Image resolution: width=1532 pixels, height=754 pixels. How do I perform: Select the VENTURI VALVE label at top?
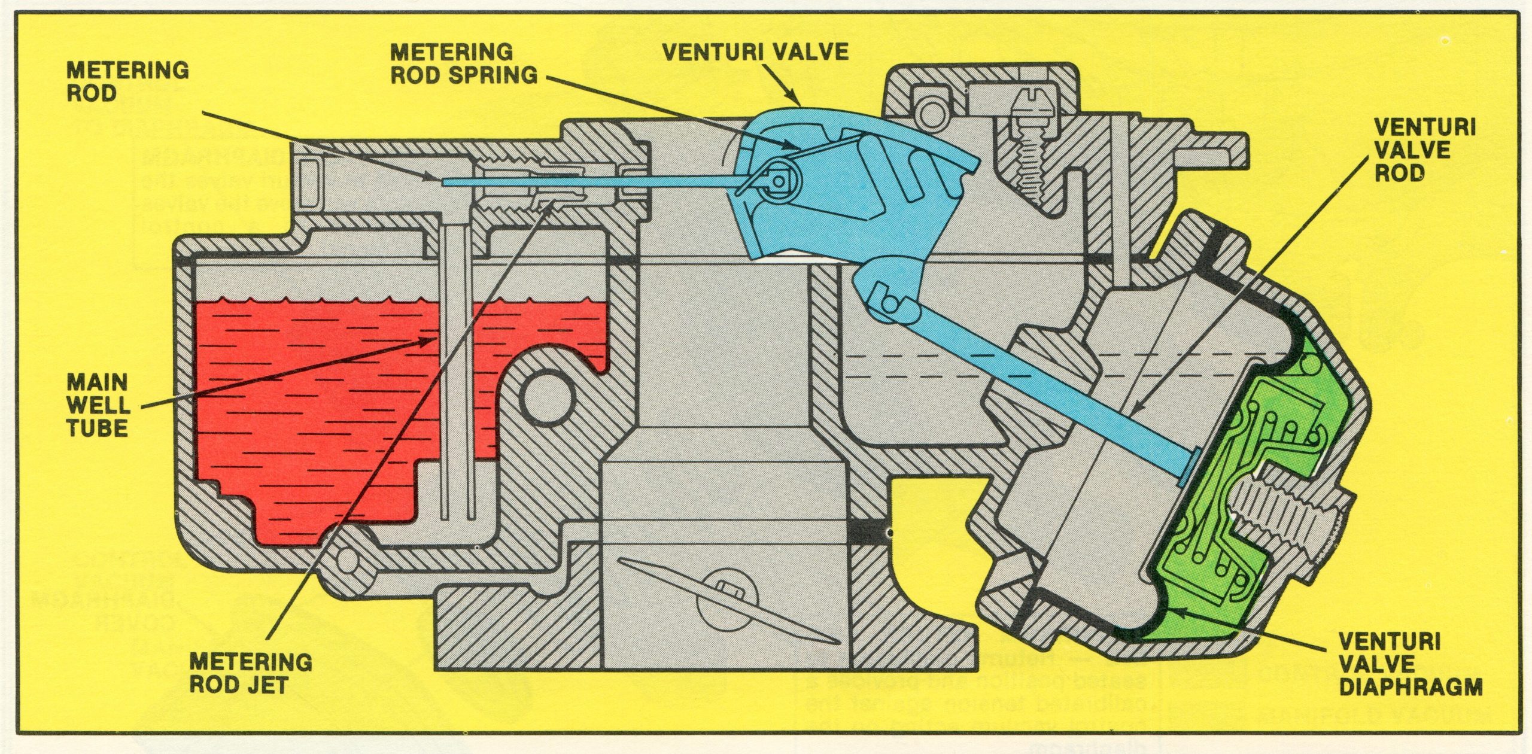pos(755,51)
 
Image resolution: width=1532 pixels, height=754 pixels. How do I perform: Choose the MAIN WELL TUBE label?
pos(98,405)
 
